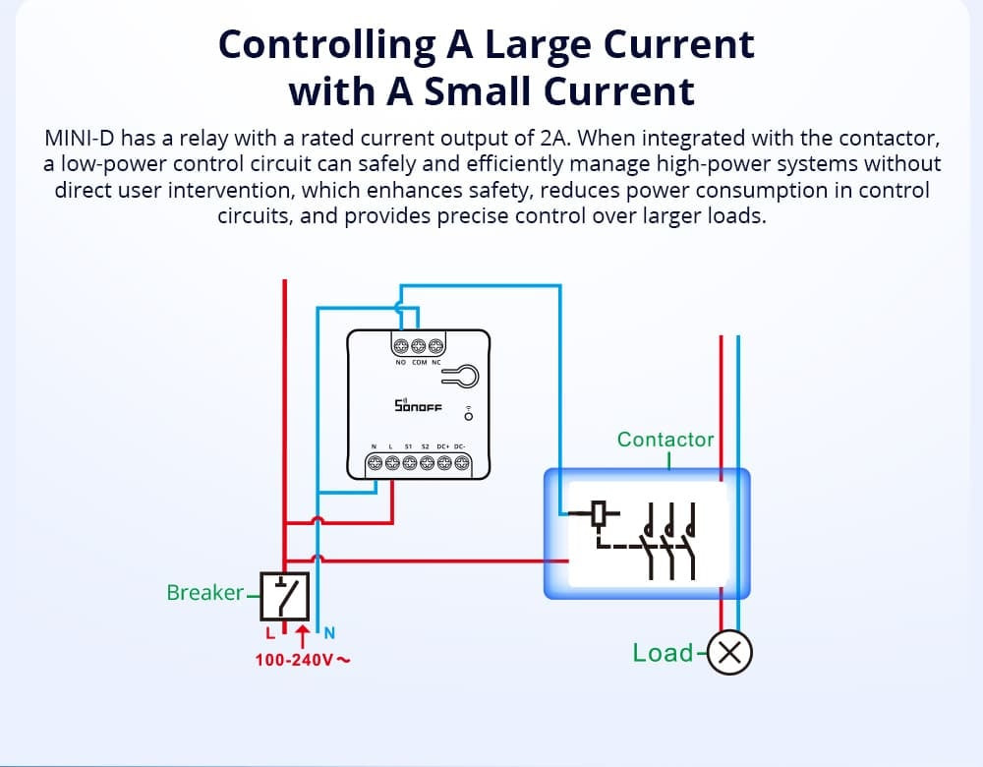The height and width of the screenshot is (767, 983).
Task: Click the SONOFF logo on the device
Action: pos(418,406)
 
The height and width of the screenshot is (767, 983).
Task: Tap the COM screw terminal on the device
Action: pos(419,345)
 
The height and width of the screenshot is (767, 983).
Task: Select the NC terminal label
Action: pos(435,363)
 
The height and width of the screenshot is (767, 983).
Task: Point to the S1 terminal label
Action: pos(408,446)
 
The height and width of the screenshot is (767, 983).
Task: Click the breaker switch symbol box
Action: pos(284,593)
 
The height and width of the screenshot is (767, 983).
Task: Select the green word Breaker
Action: pos(204,593)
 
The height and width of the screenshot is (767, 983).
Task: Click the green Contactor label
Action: pos(665,440)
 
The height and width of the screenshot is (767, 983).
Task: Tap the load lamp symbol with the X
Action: pos(730,653)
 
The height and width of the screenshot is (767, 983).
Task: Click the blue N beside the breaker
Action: pos(330,631)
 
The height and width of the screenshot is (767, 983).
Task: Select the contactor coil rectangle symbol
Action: pos(602,512)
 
